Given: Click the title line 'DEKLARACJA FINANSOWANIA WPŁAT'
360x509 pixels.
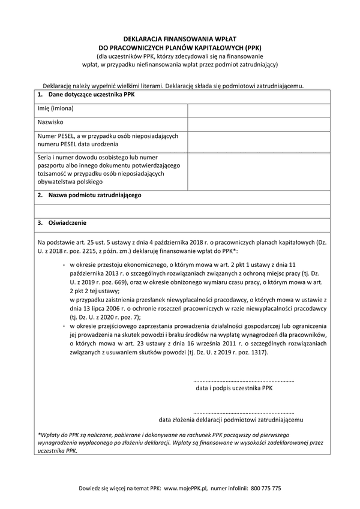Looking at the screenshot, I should [180, 37].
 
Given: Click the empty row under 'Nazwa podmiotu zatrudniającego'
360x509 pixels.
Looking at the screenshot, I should [180, 209].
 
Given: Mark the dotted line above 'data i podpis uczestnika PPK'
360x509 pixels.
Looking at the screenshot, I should [244, 381].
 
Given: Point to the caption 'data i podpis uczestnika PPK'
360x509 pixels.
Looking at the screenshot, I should [234, 388].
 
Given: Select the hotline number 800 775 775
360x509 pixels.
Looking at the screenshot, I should [266, 489].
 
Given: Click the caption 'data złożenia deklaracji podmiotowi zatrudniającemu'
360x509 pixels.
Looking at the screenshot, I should [231, 420].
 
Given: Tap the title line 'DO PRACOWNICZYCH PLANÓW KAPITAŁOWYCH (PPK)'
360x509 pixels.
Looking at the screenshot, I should [180, 46].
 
